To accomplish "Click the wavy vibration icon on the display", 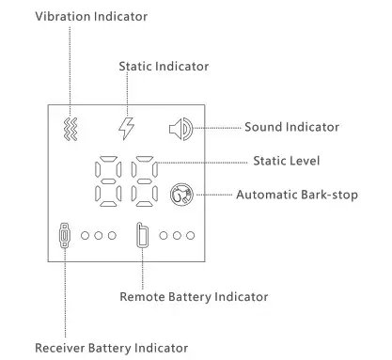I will (69, 127).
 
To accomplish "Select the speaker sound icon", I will (181, 127).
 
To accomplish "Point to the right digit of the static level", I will (145, 181).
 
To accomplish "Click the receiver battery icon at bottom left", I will (63, 236).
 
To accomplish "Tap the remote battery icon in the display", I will (142, 235).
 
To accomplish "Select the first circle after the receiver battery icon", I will (85, 235).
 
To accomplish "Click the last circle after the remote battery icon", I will (191, 235).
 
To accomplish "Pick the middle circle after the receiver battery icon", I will (98, 235).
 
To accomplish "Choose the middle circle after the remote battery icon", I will (177, 235).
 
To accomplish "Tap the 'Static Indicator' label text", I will (164, 67).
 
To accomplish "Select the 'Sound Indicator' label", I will (291, 127).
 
